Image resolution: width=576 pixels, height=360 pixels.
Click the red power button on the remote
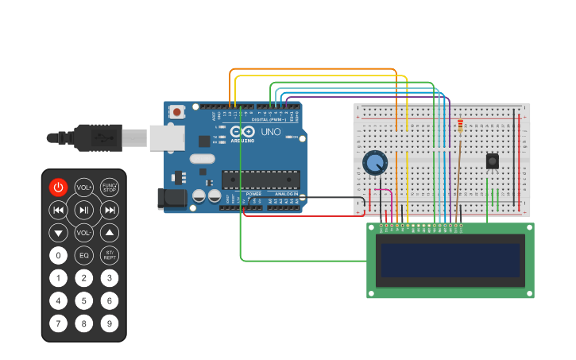(x=58, y=188)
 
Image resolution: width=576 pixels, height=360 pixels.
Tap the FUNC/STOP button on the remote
(x=110, y=188)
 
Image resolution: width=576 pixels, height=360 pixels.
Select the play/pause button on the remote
(x=83, y=210)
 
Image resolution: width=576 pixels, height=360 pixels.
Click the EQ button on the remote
(x=83, y=256)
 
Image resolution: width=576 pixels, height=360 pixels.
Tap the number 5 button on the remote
(x=83, y=301)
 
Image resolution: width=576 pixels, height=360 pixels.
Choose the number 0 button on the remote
(x=58, y=256)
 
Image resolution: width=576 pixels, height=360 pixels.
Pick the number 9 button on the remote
(x=110, y=324)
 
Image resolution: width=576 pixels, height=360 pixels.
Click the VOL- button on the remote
(x=83, y=233)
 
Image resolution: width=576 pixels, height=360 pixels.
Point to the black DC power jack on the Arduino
(x=172, y=199)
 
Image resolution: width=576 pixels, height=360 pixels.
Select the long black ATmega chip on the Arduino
(x=261, y=181)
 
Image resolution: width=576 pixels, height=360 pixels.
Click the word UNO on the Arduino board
(x=271, y=131)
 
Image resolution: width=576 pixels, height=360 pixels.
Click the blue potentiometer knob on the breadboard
(x=374, y=164)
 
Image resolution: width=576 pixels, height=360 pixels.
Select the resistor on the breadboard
(x=460, y=125)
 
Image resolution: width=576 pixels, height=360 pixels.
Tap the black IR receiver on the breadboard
(x=493, y=161)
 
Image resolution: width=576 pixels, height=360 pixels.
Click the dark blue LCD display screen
(x=450, y=261)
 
